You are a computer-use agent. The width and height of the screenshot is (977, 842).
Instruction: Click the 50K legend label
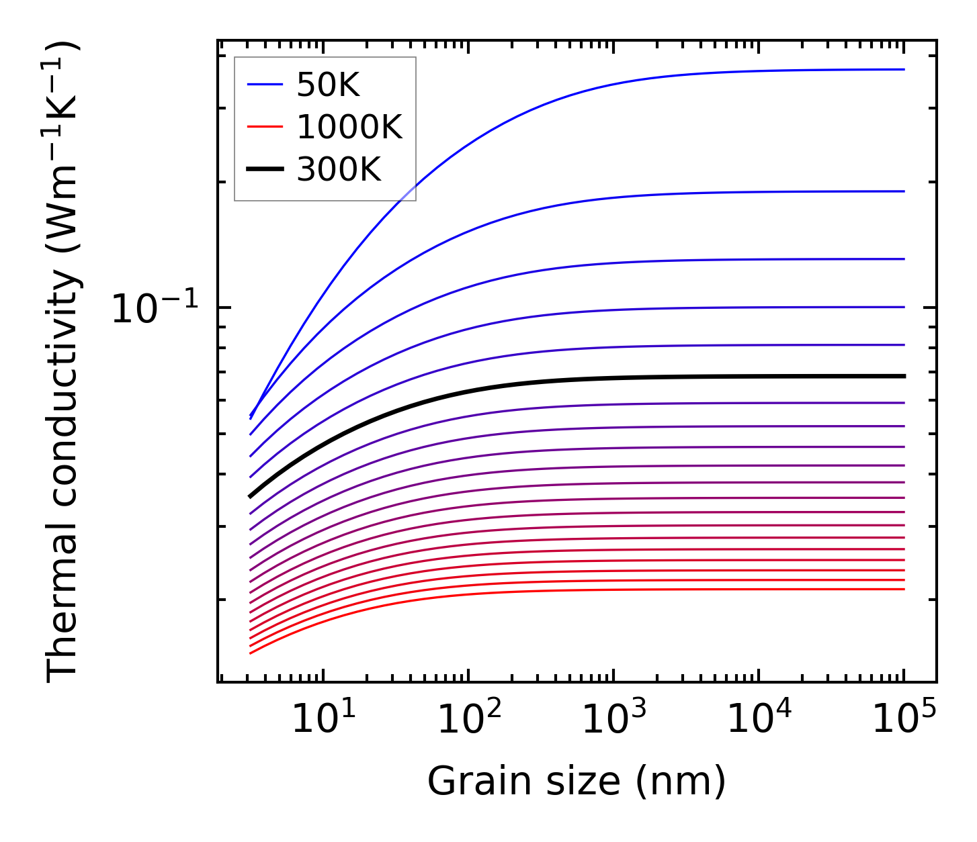[328, 85]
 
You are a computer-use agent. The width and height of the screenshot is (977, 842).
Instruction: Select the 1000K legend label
[349, 127]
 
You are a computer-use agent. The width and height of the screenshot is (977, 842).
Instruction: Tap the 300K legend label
[339, 170]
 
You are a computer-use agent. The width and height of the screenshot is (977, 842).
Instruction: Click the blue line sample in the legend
[265, 85]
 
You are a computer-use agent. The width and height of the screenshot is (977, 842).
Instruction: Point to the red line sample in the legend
[265, 127]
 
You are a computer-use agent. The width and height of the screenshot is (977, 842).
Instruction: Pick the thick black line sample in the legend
[265, 170]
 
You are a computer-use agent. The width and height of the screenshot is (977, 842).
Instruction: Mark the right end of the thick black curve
[904, 376]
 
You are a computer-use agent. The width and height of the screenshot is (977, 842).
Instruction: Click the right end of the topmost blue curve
[904, 69]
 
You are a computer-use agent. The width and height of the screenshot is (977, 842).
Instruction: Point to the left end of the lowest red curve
[250, 653]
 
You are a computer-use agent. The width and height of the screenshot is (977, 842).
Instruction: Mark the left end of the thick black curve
[250, 497]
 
